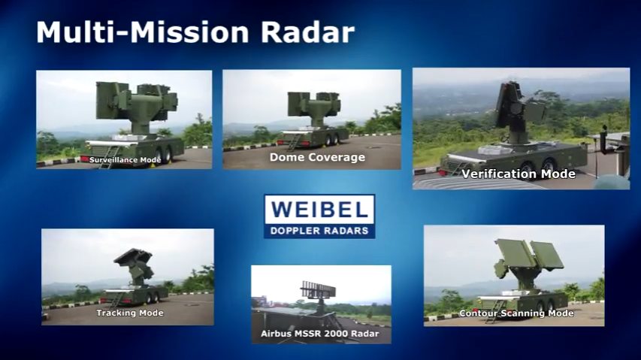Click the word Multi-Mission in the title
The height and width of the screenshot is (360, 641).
click(x=138, y=32)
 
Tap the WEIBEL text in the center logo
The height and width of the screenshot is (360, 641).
click(x=319, y=209)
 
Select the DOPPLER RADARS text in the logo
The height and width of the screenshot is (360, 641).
click(x=319, y=230)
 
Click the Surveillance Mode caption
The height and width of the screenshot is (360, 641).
click(x=125, y=160)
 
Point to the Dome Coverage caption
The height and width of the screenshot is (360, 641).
click(x=317, y=158)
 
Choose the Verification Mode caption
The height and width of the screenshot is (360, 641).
click(x=519, y=174)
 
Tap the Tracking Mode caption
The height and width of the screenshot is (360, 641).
click(x=130, y=313)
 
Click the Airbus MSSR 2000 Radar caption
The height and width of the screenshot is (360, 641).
click(x=321, y=333)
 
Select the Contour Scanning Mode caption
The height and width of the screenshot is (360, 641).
click(x=516, y=313)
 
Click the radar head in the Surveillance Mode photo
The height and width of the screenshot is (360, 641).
click(x=135, y=101)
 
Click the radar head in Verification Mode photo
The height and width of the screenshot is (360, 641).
click(x=516, y=105)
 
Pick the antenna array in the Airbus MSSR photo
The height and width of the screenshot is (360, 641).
click(x=318, y=288)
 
